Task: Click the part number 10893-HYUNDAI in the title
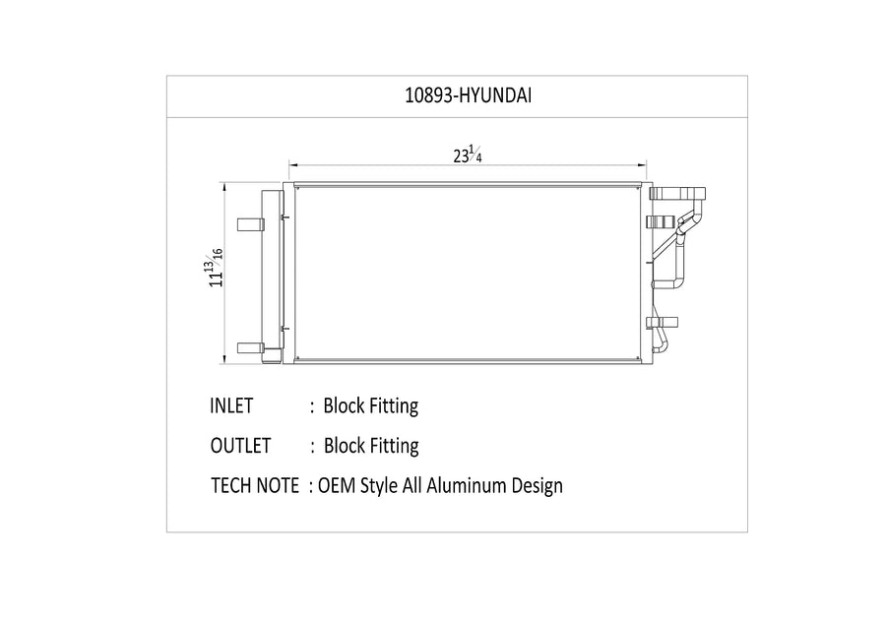(468, 95)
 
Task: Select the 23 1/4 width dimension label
(468, 155)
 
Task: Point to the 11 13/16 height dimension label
(215, 267)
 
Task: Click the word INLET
(231, 405)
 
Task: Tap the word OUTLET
(241, 446)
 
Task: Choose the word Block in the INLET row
(345, 405)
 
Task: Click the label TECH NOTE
(255, 486)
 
